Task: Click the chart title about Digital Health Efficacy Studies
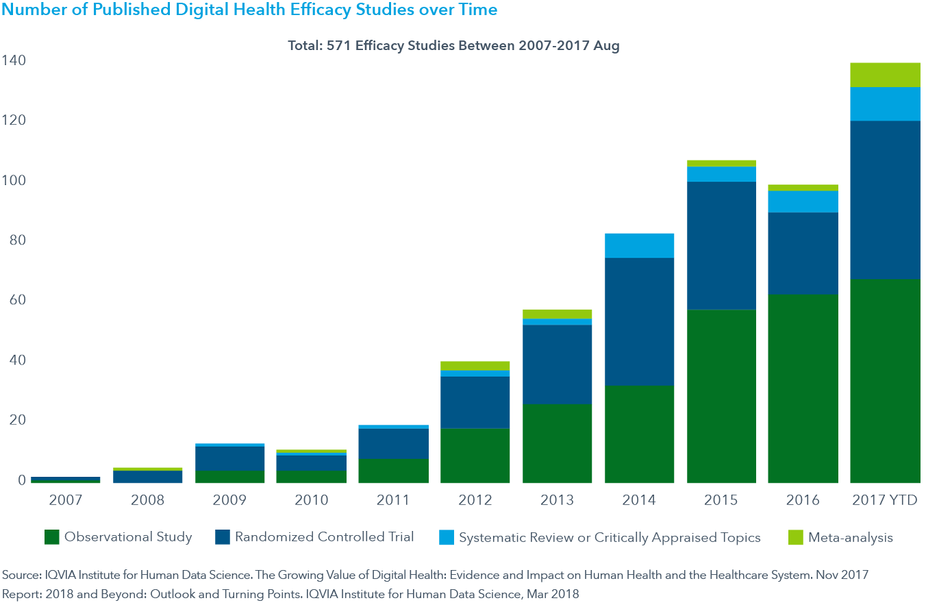[x=249, y=10]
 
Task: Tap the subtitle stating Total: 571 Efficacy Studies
[x=453, y=46]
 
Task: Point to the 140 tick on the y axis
[x=13, y=61]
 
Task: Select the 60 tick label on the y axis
[x=16, y=300]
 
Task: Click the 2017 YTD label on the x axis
[x=885, y=500]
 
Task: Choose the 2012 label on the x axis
[x=475, y=500]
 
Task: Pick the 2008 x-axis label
[x=147, y=500]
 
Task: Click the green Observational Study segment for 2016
[x=803, y=388]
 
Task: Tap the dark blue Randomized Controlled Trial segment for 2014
[x=639, y=321]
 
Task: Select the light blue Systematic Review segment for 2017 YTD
[x=885, y=104]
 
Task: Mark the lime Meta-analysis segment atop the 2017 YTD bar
[x=885, y=75]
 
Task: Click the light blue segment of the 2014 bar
[x=639, y=245]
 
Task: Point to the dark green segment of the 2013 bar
[x=557, y=443]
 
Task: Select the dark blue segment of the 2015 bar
[x=721, y=245]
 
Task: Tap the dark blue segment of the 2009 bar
[x=229, y=458]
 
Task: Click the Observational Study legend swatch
[x=51, y=537]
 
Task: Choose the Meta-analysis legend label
[x=850, y=537]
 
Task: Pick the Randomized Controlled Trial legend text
[x=324, y=537]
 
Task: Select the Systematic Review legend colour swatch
[x=446, y=537]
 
